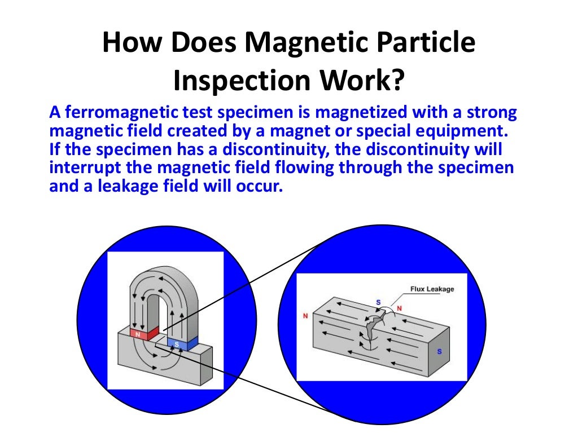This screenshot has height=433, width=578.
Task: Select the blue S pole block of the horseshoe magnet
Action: (176, 343)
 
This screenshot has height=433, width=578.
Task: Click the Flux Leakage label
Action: (432, 289)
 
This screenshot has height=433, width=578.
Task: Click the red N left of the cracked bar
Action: (305, 316)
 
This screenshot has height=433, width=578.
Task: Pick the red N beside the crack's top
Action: (399, 308)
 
